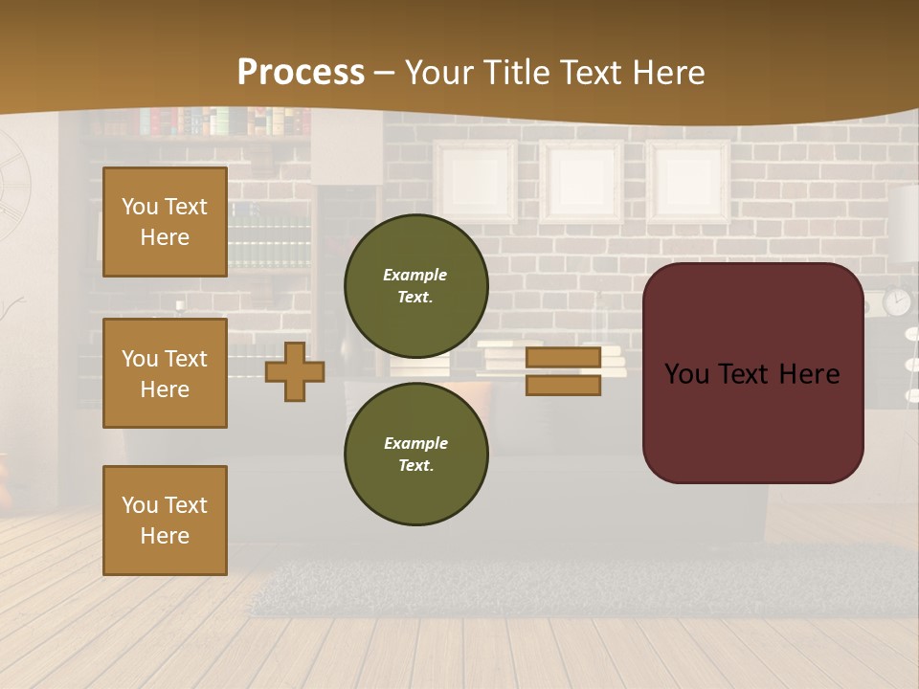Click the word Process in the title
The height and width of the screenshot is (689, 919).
click(301, 73)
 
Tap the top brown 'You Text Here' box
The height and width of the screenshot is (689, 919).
click(165, 222)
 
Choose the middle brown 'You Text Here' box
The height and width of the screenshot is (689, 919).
click(165, 373)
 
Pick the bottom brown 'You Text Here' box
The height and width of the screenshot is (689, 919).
click(165, 520)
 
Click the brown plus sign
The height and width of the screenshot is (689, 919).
click(295, 371)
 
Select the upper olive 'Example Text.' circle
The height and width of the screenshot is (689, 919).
click(415, 285)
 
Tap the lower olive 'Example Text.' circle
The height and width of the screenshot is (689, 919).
click(415, 454)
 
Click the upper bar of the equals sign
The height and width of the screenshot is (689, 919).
click(563, 358)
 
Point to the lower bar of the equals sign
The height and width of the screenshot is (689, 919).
click(563, 385)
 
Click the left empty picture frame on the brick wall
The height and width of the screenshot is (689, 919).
click(475, 182)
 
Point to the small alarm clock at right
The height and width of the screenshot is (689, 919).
click(897, 301)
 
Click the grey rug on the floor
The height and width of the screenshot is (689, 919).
click(574, 584)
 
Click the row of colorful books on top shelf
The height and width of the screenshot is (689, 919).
click(220, 122)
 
